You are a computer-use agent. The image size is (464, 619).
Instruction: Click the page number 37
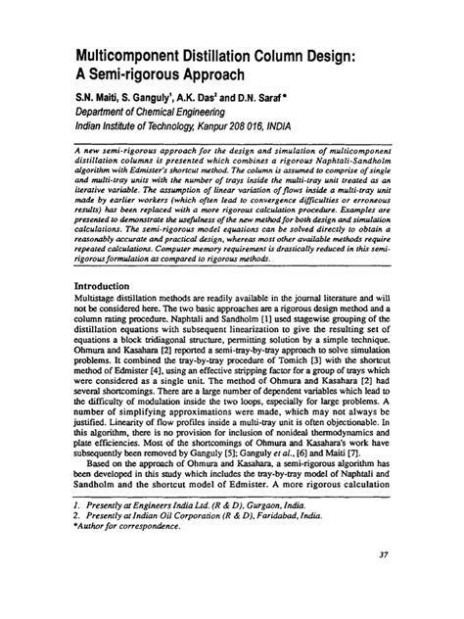(383, 585)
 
